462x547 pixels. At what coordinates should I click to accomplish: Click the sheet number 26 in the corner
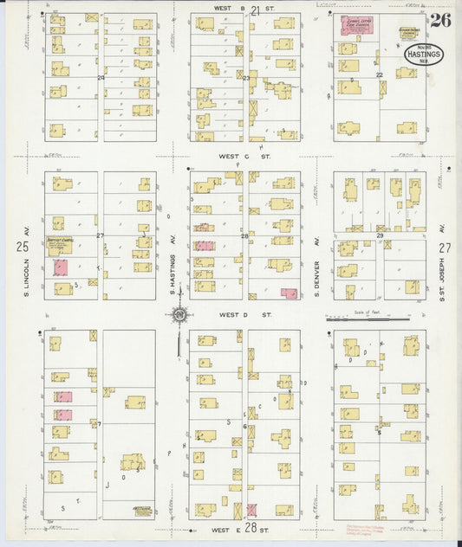[439, 21]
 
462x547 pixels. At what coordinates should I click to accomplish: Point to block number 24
[101, 77]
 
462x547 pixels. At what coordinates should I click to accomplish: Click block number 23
[246, 78]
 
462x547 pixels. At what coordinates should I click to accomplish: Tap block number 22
[379, 75]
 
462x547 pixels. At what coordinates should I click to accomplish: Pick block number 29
[379, 235]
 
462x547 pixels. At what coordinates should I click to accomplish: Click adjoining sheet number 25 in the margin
[22, 247]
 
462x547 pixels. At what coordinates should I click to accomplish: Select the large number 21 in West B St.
[255, 10]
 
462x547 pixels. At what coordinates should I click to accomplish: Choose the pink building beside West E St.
[251, 510]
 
